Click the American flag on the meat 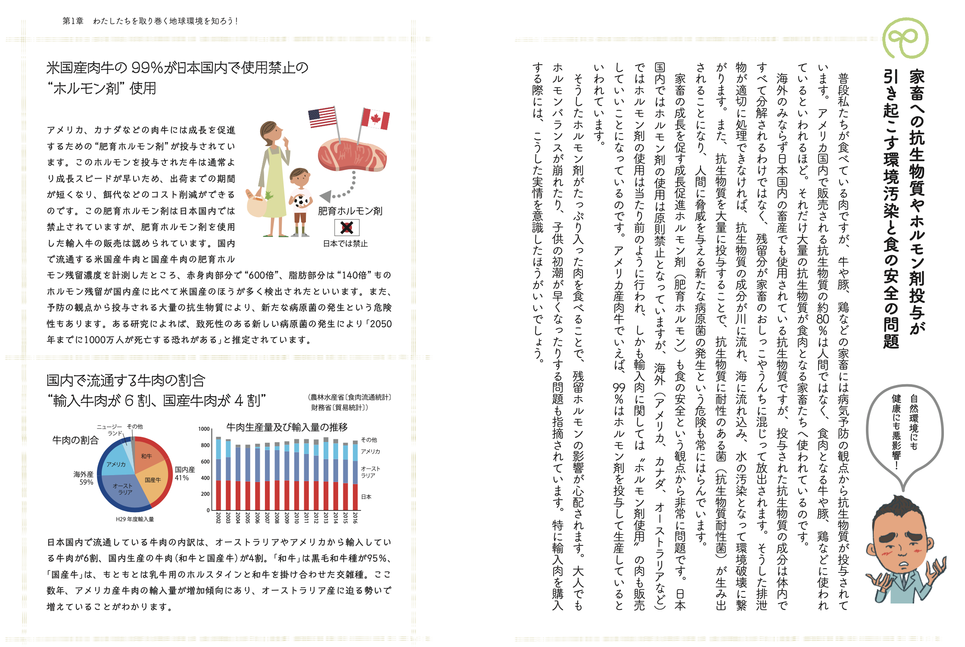point(322,117)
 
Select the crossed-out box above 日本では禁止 point(347,227)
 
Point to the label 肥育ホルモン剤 point(350,211)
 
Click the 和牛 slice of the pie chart point(146,456)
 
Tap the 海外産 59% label point(84,478)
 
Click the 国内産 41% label point(184,473)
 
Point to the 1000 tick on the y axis point(204,429)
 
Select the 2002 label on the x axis point(218,518)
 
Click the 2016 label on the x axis point(355,518)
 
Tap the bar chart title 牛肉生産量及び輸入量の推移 point(287,427)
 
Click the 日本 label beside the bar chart point(366,497)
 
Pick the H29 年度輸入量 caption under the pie point(135,519)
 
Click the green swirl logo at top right point(905,39)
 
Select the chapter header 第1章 point(73,21)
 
